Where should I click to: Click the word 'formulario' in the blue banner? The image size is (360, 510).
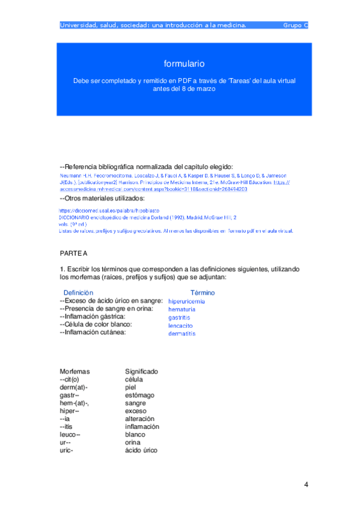click(184, 64)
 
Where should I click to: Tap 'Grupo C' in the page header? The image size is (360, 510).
click(295, 25)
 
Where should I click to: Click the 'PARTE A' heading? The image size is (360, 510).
click(73, 254)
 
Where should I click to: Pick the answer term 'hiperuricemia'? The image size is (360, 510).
click(186, 301)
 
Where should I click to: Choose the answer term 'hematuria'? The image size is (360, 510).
click(182, 309)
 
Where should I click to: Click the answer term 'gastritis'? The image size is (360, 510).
click(180, 317)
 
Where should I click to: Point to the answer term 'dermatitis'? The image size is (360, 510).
click(182, 333)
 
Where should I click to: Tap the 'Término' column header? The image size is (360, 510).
click(203, 292)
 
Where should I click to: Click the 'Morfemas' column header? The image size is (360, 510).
click(75, 372)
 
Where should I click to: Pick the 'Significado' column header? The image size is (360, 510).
click(141, 372)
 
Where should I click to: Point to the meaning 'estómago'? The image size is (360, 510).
click(139, 395)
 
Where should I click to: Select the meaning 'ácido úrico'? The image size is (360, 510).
click(141, 450)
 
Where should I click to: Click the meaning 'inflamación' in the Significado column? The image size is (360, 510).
click(142, 426)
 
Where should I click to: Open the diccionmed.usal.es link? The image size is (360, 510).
click(97, 211)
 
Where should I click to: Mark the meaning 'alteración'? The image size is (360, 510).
click(139, 419)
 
